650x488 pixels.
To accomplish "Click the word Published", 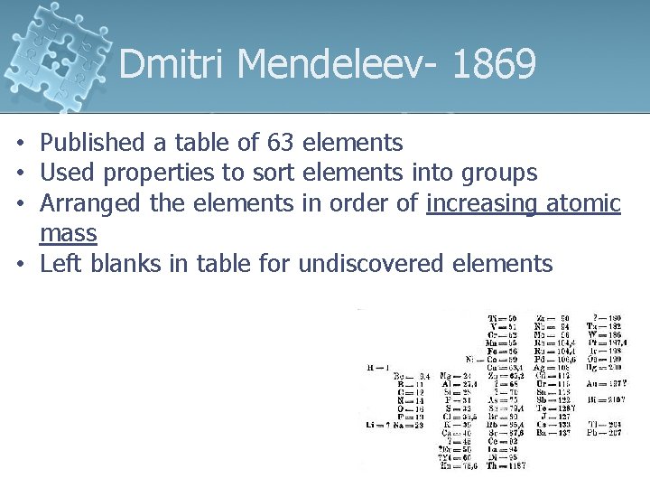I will (92, 142).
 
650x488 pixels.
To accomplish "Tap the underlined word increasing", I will (481, 202).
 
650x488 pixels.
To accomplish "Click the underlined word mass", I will (69, 233).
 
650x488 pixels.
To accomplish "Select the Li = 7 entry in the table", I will (377, 425).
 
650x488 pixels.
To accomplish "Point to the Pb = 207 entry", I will (606, 433).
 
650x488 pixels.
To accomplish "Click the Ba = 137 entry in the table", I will (552, 433).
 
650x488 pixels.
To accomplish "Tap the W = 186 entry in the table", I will (606, 335).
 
